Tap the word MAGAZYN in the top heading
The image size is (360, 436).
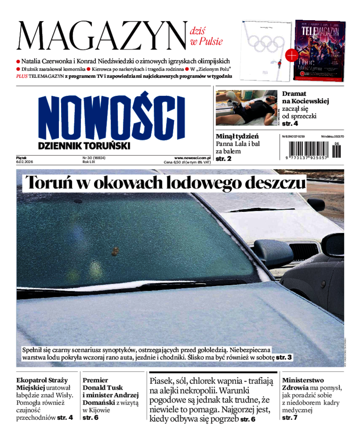click(102, 36)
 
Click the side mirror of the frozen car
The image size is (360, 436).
click(272, 248)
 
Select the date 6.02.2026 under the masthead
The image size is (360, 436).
click(25, 162)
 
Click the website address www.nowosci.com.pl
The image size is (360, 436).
click(193, 158)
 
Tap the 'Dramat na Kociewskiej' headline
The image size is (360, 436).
click(305, 98)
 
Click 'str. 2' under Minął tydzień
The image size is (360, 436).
click(224, 159)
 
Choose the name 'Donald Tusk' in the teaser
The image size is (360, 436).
click(103, 387)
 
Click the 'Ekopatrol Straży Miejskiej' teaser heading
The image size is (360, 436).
click(43, 384)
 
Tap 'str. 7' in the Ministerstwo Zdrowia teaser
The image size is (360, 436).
click(290, 418)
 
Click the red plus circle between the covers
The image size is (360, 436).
click(291, 55)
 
